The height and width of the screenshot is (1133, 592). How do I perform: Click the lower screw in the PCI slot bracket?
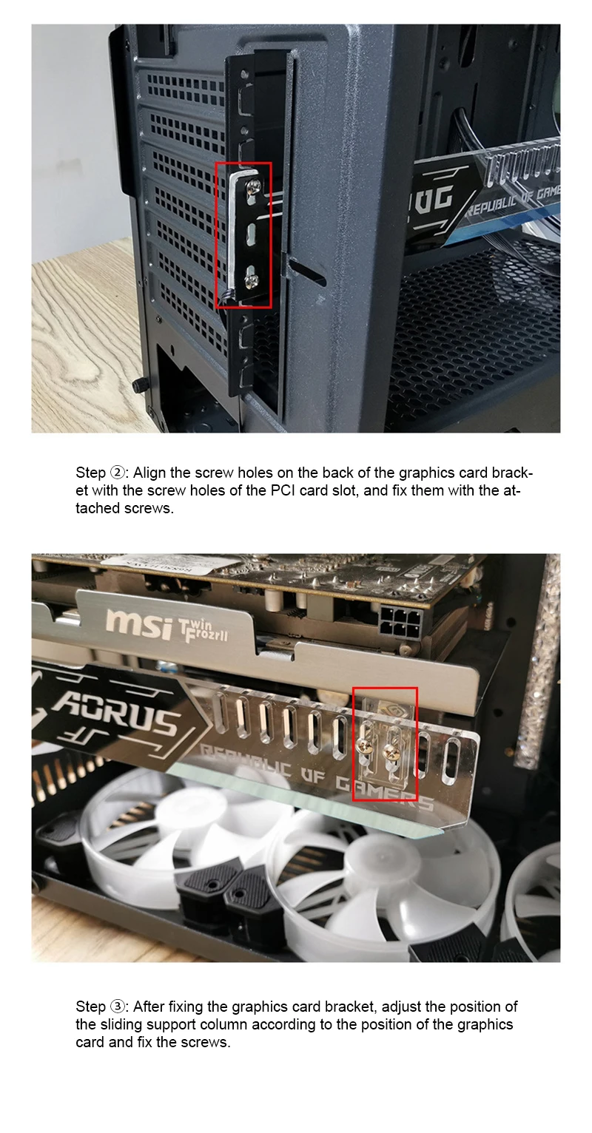[250, 279]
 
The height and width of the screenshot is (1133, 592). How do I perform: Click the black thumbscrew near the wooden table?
[138, 386]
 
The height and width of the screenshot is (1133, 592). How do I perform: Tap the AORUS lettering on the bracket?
[115, 714]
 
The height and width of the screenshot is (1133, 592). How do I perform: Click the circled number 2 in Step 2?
[116, 473]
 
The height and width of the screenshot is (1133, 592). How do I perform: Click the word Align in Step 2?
[149, 473]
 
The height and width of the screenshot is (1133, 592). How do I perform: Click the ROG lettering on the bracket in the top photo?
[434, 198]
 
